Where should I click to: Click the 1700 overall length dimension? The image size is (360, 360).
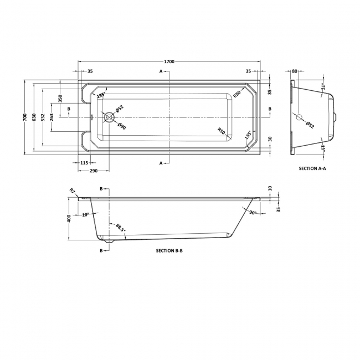click(x=170, y=61)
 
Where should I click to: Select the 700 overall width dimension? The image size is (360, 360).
click(x=24, y=117)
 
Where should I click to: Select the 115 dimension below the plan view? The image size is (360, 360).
click(x=84, y=162)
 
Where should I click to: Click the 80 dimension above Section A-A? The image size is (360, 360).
click(x=294, y=71)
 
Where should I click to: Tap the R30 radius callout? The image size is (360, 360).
click(x=236, y=94)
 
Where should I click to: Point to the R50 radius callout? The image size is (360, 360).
click(x=221, y=132)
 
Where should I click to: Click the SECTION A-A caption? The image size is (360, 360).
click(x=313, y=168)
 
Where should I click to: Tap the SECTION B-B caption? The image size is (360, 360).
click(x=169, y=251)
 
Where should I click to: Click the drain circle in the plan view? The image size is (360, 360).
click(x=109, y=117)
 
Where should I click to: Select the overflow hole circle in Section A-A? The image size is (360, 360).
click(x=300, y=117)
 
